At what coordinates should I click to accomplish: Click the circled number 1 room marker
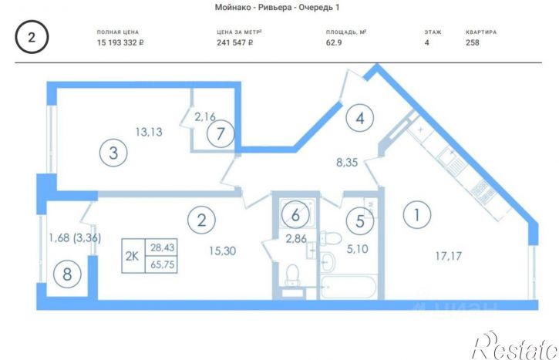click(417, 215)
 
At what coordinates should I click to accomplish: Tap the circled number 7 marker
click(221, 133)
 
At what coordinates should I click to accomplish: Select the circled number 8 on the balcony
click(67, 274)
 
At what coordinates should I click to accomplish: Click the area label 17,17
click(448, 256)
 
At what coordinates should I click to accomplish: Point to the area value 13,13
click(149, 132)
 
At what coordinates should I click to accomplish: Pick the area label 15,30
click(223, 251)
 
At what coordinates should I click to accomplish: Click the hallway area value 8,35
click(347, 163)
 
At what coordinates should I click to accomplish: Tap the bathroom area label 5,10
click(357, 249)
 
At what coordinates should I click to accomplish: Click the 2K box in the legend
click(133, 256)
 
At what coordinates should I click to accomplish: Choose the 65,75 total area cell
click(162, 264)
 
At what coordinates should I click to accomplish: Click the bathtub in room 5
click(349, 288)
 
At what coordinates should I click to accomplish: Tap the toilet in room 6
click(293, 274)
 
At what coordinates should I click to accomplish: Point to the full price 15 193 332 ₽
click(120, 42)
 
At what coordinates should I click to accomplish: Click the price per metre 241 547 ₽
click(235, 42)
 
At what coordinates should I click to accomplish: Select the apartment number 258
click(473, 42)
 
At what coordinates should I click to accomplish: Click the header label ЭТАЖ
click(433, 32)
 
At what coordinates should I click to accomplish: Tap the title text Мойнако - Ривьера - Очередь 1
click(277, 7)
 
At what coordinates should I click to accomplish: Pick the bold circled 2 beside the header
click(32, 37)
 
